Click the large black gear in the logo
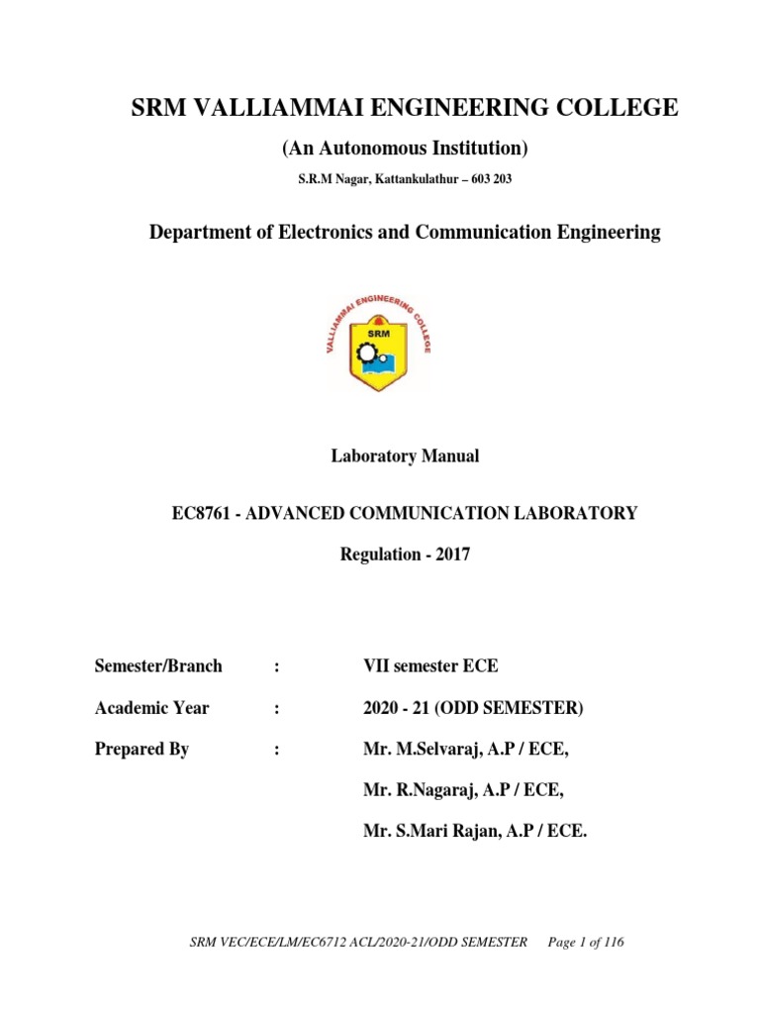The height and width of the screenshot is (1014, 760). (367, 353)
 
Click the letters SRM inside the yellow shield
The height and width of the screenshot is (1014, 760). (380, 334)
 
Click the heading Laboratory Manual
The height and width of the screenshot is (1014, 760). (404, 456)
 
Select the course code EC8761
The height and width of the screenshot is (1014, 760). (202, 513)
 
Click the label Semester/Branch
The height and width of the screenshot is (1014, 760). (158, 666)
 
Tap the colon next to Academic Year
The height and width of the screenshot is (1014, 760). (277, 708)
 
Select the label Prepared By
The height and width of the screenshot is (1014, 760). (142, 750)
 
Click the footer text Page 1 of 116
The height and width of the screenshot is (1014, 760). (587, 942)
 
